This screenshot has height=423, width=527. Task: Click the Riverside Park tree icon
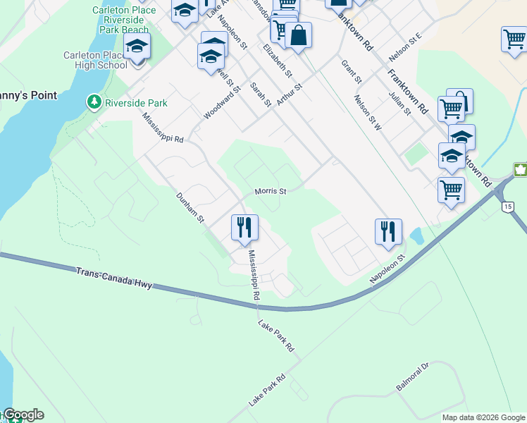(94, 102)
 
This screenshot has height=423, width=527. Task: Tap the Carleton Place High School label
(94, 60)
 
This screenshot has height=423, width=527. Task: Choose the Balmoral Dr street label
(412, 377)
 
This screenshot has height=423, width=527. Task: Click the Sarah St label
(261, 94)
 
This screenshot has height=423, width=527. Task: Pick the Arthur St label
(289, 94)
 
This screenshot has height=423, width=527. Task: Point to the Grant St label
(351, 72)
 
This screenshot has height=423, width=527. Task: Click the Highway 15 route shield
(507, 207)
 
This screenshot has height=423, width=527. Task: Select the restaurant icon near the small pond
(387, 231)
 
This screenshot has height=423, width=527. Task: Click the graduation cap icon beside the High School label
(137, 48)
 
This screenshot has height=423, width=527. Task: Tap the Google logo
(23, 415)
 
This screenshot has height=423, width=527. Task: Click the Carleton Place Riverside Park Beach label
(120, 20)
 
